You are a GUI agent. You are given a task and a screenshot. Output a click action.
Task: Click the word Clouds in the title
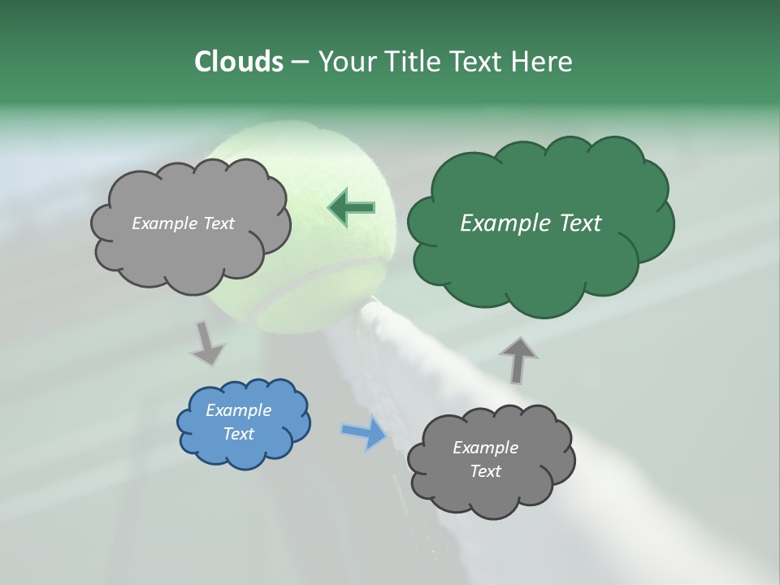(238, 62)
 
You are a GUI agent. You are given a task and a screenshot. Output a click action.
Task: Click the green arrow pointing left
(351, 208)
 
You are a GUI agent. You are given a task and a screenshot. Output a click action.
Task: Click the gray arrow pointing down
(207, 343)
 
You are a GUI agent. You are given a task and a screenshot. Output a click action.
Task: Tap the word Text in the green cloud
(575, 223)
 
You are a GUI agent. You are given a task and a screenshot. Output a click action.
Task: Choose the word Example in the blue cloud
(238, 410)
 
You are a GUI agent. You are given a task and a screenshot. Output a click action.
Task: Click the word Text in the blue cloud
(238, 434)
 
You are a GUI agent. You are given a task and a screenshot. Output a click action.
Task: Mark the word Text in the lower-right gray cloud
(485, 471)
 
